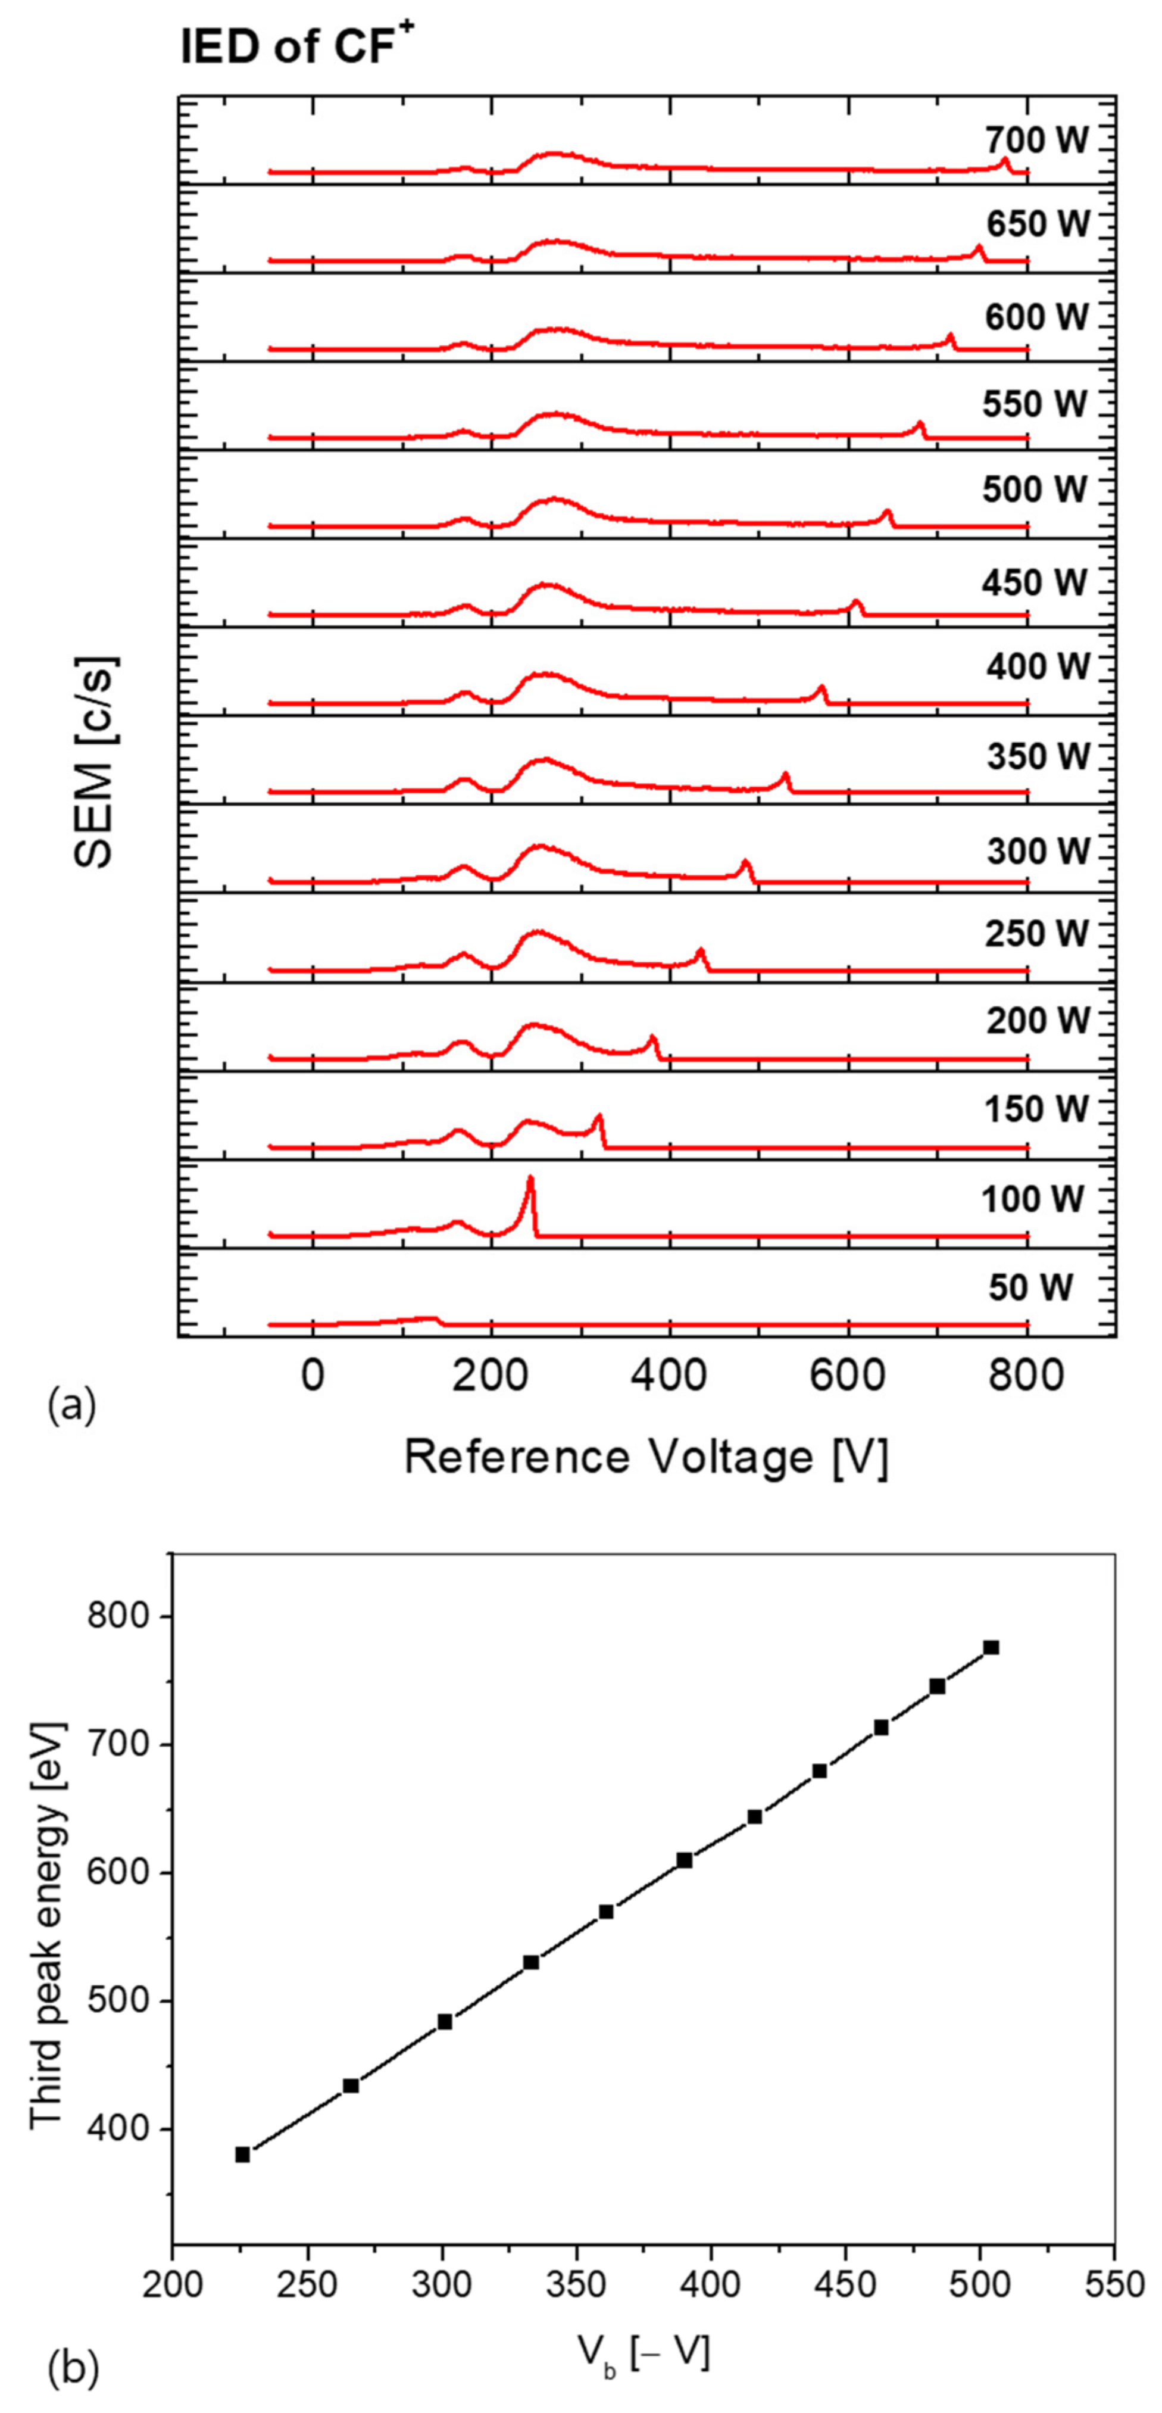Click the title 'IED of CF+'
[297, 46]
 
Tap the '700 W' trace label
[1036, 141]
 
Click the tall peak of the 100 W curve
[530, 1182]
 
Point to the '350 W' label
[1038, 756]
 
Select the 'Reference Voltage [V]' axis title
[645, 1457]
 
